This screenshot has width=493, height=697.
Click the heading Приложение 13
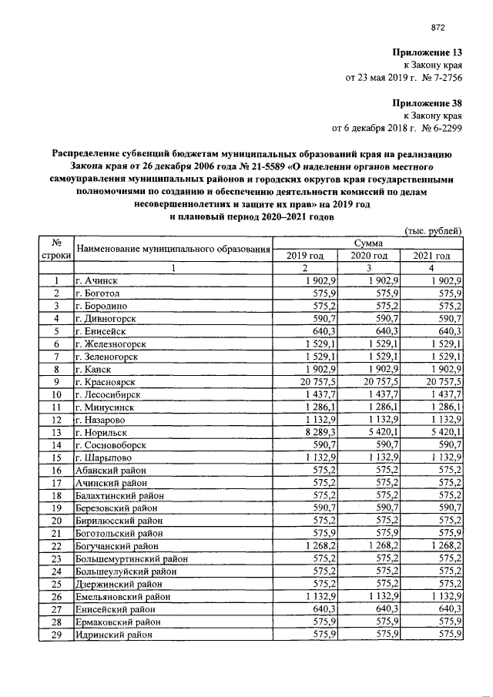[x=427, y=53]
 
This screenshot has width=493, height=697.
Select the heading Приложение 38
[x=427, y=102]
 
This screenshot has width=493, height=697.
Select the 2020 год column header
[x=369, y=255]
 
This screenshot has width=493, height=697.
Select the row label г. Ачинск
[x=96, y=281]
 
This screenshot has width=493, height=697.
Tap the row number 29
[x=56, y=634]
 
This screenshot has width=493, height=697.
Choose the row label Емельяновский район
[x=122, y=596]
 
